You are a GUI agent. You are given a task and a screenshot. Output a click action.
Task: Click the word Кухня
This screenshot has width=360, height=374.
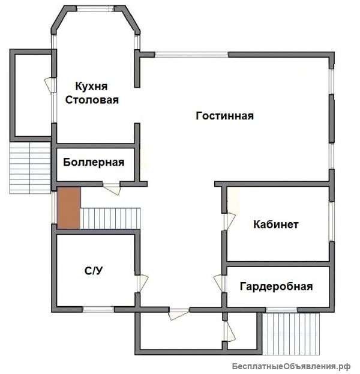[x=91, y=86]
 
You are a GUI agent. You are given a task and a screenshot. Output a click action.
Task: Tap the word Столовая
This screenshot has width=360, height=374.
[x=92, y=100]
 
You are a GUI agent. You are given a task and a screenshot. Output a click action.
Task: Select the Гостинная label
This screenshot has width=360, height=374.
[x=224, y=116]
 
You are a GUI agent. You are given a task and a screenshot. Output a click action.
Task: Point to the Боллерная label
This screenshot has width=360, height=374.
[x=94, y=163]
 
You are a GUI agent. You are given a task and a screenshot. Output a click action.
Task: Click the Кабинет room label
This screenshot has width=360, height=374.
[x=276, y=225]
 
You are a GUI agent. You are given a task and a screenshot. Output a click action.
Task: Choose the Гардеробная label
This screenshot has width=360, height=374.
[x=277, y=286]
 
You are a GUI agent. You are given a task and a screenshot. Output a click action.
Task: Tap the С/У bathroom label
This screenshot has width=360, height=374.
[x=94, y=271]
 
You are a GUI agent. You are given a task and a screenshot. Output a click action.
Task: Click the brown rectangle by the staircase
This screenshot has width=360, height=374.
[x=69, y=208]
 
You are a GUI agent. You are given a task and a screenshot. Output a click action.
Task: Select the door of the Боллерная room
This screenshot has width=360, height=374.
[x=112, y=189]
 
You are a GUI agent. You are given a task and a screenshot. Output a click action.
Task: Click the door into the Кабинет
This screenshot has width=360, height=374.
[x=229, y=222]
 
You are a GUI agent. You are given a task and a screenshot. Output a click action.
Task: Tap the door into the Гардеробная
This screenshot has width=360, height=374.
[x=219, y=283]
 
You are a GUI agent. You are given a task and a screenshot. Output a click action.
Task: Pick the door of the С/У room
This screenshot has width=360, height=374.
[x=142, y=283]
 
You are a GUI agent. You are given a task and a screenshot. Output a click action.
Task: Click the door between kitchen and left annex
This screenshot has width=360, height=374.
[x=50, y=85]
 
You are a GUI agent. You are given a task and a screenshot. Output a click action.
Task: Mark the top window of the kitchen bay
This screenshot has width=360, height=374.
[x=95, y=9]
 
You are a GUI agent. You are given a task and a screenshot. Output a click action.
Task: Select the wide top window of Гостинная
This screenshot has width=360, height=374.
[x=191, y=55]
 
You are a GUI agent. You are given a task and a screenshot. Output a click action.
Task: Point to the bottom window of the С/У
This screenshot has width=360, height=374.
[x=98, y=309]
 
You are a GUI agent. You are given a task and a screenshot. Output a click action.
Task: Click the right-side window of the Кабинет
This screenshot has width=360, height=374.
[x=332, y=222]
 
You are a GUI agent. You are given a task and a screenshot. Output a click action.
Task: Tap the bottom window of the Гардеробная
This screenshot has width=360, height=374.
[x=281, y=310]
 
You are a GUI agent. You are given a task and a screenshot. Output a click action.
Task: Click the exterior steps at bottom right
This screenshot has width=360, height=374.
[x=290, y=334]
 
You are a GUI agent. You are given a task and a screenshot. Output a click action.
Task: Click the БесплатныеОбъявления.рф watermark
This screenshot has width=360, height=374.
[x=292, y=366]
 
